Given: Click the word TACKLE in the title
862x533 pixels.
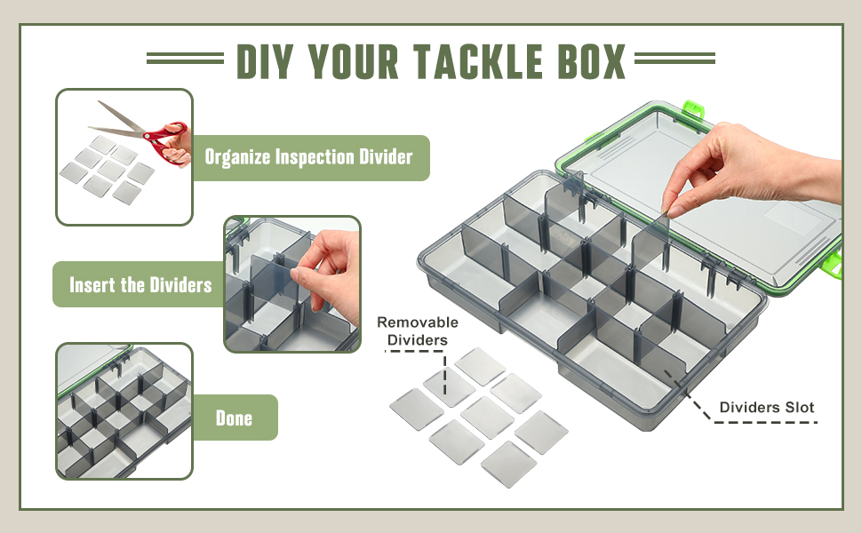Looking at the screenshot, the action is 477,61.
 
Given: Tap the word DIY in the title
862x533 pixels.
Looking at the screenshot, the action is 263,61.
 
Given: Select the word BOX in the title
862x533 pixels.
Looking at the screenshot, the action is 592,61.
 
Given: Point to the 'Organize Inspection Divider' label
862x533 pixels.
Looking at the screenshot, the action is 308,157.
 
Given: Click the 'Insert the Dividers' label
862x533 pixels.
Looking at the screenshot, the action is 140,284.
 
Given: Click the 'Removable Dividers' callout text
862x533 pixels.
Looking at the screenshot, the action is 418,330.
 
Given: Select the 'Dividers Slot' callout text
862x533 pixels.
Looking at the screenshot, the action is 767,407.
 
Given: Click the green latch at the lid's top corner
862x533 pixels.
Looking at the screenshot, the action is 694,108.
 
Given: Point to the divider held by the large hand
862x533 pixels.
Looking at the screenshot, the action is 650,241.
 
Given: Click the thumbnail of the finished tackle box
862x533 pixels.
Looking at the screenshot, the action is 124,411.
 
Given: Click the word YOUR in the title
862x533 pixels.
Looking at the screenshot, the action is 352,61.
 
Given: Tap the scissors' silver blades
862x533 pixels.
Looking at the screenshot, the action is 119,121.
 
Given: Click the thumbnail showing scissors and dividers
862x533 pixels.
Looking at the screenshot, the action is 124,157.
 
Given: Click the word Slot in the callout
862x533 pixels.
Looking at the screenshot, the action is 800,407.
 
